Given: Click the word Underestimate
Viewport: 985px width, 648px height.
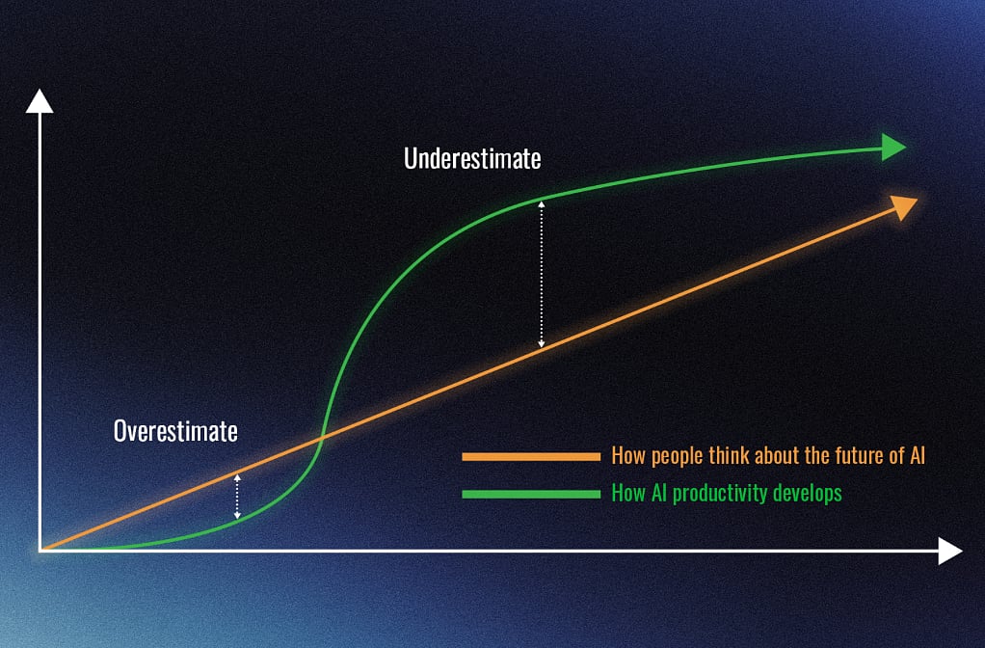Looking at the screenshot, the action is [x=472, y=158].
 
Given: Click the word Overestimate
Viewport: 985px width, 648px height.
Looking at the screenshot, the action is [x=175, y=431].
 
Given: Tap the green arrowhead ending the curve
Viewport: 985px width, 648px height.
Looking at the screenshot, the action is [x=893, y=148].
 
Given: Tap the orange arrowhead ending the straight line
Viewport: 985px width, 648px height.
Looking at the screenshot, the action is [x=905, y=206].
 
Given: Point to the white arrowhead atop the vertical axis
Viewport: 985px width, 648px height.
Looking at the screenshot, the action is [x=40, y=101].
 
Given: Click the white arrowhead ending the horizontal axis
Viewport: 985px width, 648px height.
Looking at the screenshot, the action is [x=950, y=552].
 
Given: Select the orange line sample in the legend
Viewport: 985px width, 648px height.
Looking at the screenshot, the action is [x=531, y=457].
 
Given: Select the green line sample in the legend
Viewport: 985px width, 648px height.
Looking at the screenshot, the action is [x=531, y=494].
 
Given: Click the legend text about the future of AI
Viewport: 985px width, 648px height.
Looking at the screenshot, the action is [x=768, y=456].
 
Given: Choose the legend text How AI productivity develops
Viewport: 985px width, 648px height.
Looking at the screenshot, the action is [x=727, y=494].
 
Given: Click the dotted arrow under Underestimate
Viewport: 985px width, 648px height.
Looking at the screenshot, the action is [x=542, y=275].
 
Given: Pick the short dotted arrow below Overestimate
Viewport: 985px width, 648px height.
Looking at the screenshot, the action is [x=237, y=497].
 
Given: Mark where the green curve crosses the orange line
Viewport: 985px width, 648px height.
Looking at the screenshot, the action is [x=322, y=436].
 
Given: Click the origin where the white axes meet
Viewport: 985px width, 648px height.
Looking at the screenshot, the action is [x=40, y=551].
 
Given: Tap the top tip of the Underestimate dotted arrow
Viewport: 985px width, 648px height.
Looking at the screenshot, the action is [x=542, y=202].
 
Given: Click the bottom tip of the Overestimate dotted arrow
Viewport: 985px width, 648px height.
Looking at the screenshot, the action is [x=237, y=518].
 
